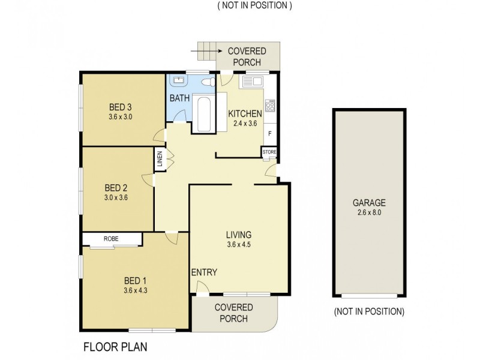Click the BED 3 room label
tap(121, 108)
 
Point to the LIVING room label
tap(238, 234)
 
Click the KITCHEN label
tap(245, 114)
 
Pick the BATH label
tap(179, 98)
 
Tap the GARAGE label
tap(369, 203)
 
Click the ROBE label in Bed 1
tap(111, 239)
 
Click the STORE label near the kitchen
tap(269, 152)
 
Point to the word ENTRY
tap(204, 272)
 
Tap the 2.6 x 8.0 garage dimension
tap(369, 212)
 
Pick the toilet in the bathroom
tap(206, 82)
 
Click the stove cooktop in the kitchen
tap(270, 106)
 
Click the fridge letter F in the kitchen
tap(270, 133)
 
